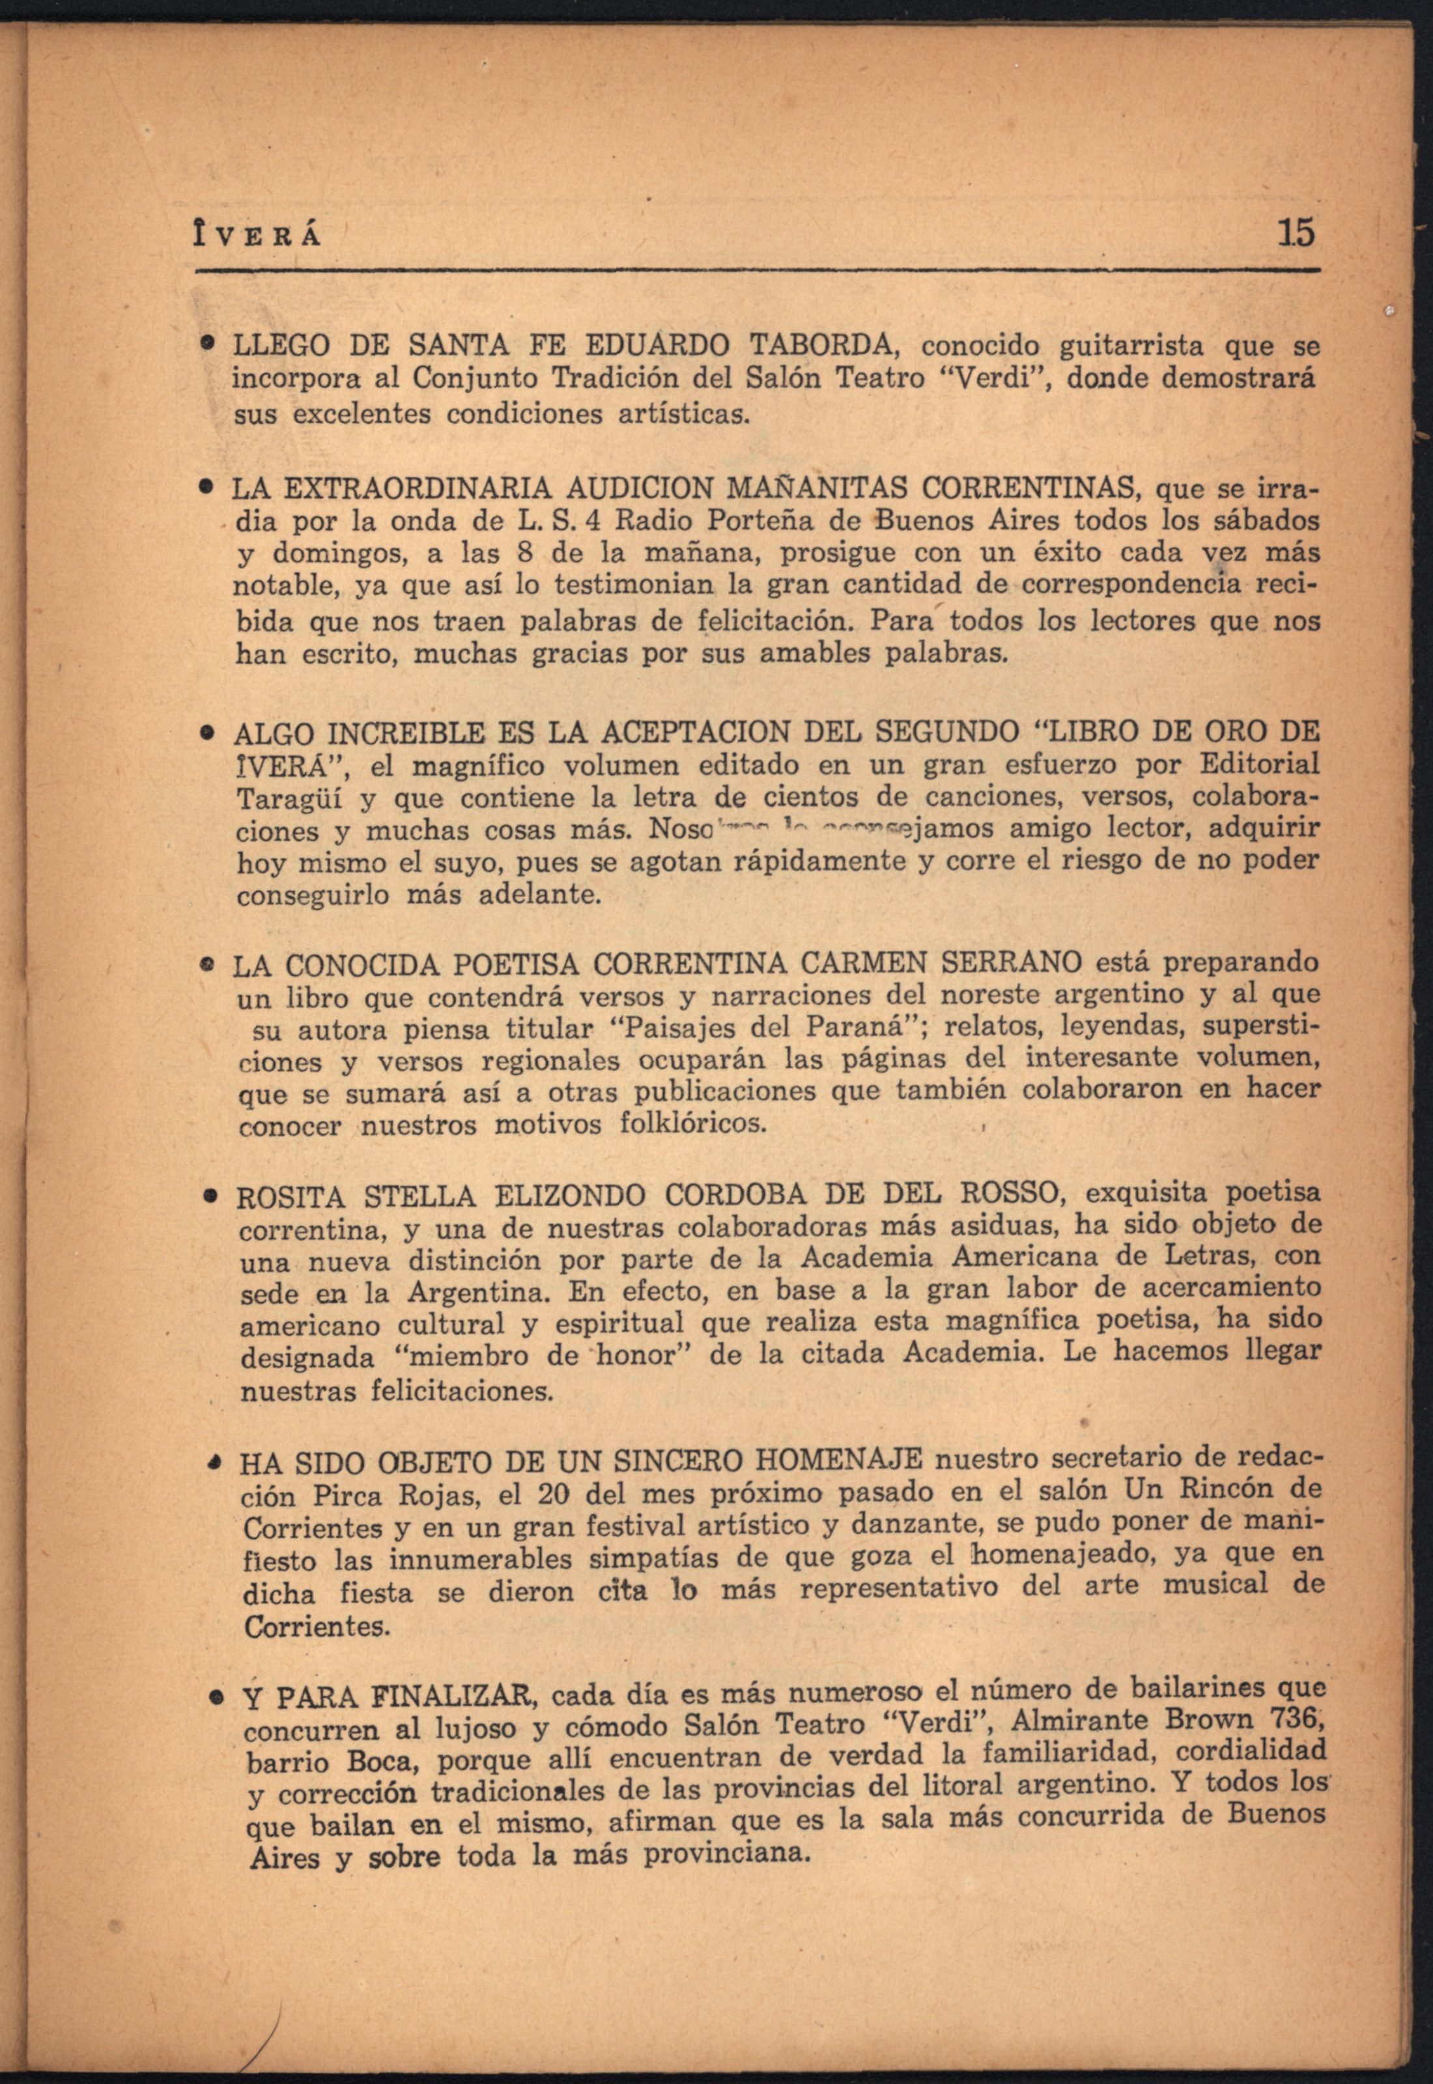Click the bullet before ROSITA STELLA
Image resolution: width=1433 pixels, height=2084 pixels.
coord(209,1196)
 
